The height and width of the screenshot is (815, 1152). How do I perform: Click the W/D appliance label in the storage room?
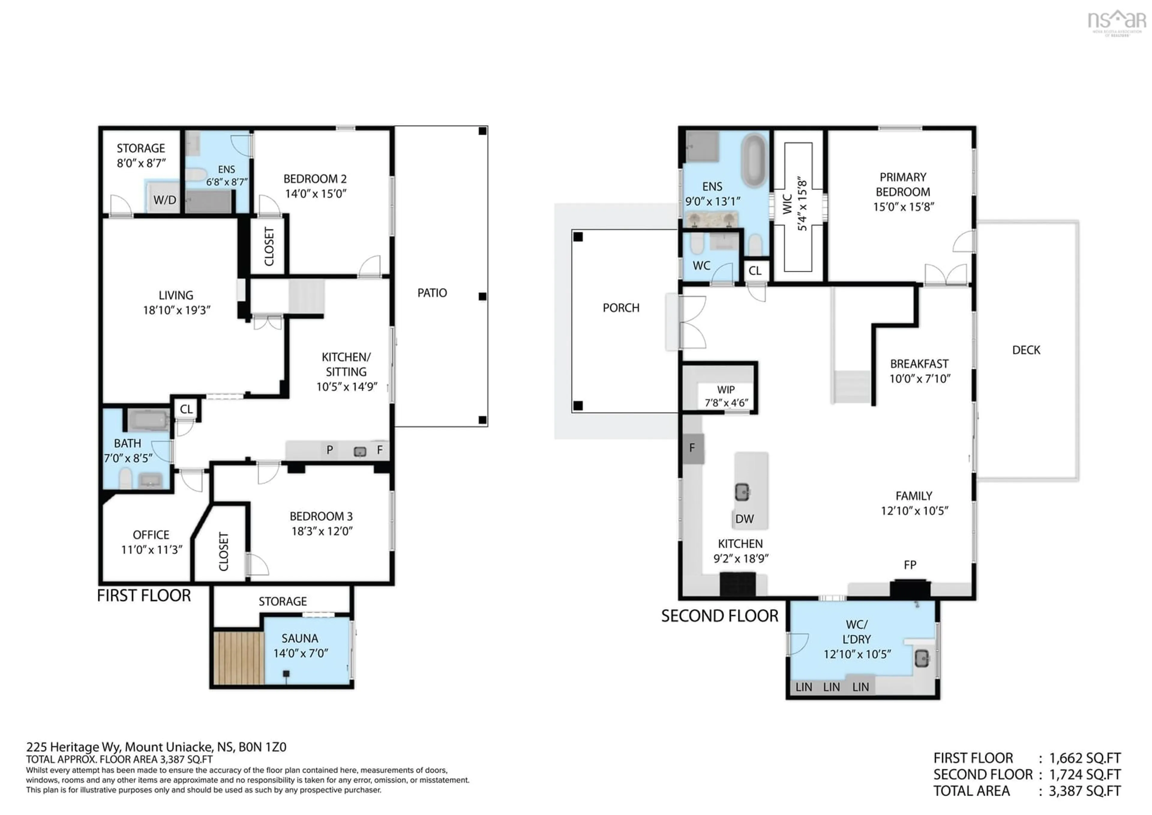coord(165,200)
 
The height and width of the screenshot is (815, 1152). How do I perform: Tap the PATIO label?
coord(432,293)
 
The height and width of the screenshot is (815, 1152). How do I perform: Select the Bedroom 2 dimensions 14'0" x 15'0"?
coord(316,194)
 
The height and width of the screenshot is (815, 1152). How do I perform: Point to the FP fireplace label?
coord(910,565)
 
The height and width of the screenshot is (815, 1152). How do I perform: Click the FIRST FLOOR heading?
coord(144,595)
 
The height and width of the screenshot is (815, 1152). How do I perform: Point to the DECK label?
coord(1026,350)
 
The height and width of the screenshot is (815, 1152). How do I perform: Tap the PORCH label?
coord(621,308)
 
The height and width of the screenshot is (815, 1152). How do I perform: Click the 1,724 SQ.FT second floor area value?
coord(1085,774)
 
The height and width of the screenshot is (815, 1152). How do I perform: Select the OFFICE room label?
coord(151,535)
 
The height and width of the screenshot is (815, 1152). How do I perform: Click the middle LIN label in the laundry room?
coord(831,687)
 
